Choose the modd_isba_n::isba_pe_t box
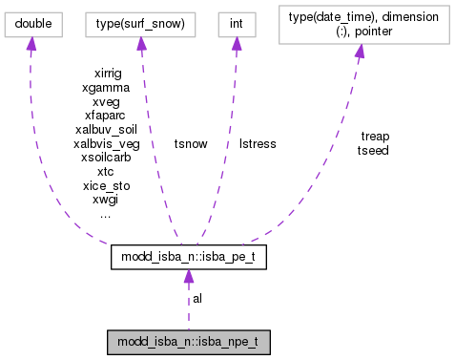coord(188,256)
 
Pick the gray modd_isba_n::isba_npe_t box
coord(188,340)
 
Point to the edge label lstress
coord(257,143)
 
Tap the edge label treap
coord(375,136)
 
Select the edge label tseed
coord(373,150)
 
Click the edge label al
coord(197,298)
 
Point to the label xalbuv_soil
coord(106,129)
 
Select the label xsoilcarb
coord(107,158)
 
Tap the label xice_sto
coord(107,186)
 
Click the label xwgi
coord(106,201)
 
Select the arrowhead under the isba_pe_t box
coord(188,276)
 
